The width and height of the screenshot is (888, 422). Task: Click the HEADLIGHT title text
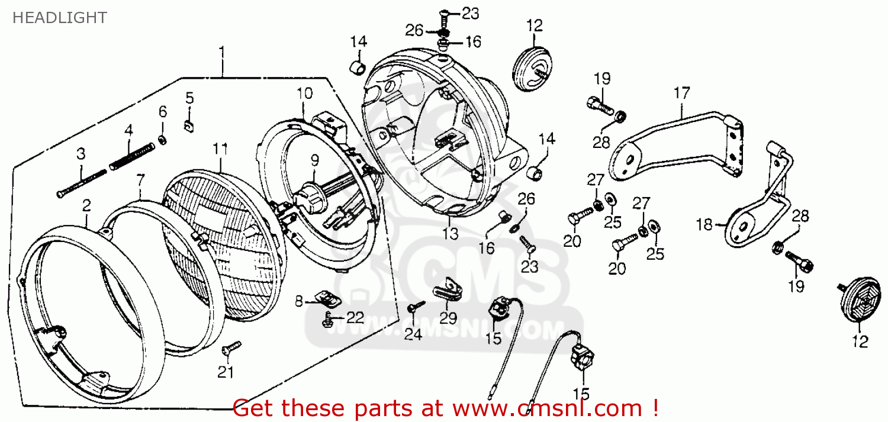point(59,18)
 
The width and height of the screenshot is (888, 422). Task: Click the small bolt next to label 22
point(327,320)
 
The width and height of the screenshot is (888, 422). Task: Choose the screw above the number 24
point(417,305)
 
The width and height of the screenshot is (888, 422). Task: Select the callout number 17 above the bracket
point(681,94)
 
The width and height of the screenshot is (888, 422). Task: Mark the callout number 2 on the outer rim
point(86,206)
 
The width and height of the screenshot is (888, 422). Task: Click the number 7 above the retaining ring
point(140,179)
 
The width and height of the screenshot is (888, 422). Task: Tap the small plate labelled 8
point(327,297)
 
